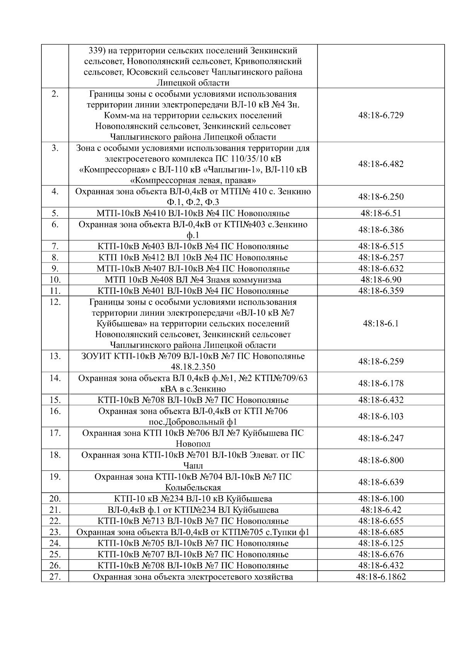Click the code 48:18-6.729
(x=381, y=115)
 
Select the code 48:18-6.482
(x=381, y=164)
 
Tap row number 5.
(x=55, y=213)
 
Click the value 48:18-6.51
(x=381, y=213)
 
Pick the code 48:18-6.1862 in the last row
(x=381, y=577)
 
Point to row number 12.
(x=55, y=302)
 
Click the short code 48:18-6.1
(x=381, y=324)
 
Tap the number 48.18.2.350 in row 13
(x=193, y=367)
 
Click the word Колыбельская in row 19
(x=193, y=487)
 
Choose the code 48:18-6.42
(x=381, y=510)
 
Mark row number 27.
(x=55, y=577)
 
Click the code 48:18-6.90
(x=381, y=280)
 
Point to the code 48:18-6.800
(x=381, y=460)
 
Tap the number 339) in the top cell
(x=97, y=51)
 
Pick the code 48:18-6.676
(x=381, y=554)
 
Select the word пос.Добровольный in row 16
(x=181, y=422)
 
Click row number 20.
(x=55, y=499)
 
